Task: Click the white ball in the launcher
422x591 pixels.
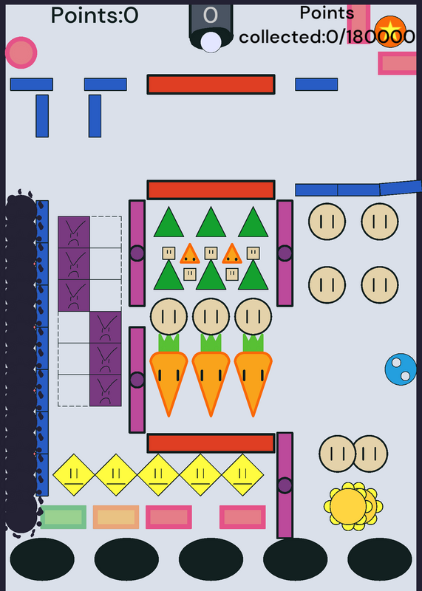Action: point(211,42)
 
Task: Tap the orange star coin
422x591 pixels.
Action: point(390,32)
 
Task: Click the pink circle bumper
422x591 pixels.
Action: point(21,52)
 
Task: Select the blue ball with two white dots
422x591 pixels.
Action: point(401,369)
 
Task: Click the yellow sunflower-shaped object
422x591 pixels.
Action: point(353,507)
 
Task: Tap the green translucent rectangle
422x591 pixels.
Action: point(64,517)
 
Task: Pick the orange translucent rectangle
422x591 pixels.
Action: point(116,517)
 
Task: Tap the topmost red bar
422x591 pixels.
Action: point(211,84)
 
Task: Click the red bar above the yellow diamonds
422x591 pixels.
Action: point(211,443)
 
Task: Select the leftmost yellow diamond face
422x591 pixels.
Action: point(74,475)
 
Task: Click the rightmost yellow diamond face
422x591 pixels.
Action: point(242,475)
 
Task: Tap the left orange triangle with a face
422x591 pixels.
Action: point(190,254)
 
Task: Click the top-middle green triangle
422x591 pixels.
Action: point(211,223)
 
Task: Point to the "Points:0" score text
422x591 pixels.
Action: point(95,16)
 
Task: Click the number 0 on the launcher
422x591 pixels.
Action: point(211,16)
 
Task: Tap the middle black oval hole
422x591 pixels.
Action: point(211,559)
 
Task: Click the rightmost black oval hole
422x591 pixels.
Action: point(380,559)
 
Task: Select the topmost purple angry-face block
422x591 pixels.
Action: point(74,232)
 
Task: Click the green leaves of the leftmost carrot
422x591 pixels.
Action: point(169,343)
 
